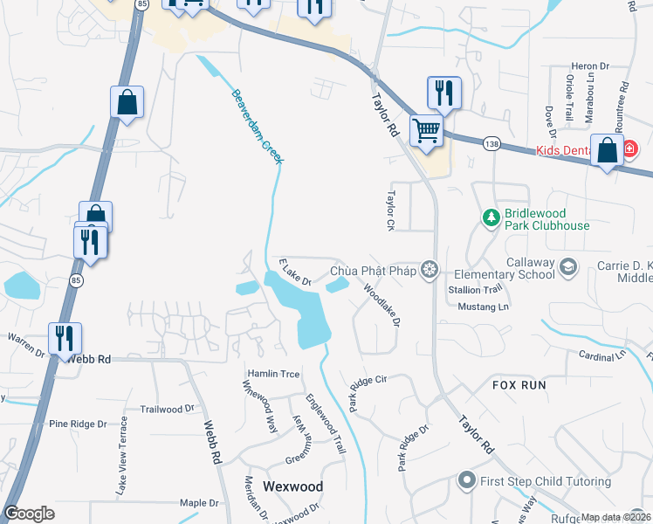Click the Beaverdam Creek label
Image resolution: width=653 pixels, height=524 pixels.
tap(258, 125)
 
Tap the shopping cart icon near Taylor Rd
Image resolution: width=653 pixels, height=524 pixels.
tap(427, 131)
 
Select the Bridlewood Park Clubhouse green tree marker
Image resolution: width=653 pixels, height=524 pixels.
tap(491, 217)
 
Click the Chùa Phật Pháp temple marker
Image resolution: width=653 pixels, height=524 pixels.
tap(429, 270)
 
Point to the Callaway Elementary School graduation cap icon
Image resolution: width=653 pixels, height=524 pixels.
tap(568, 266)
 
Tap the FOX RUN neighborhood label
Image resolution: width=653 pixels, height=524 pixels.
tap(519, 384)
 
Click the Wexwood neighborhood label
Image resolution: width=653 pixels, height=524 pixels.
tap(293, 486)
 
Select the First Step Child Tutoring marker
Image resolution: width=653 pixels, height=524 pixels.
tap(466, 480)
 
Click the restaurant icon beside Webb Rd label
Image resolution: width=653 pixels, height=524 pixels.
tap(65, 337)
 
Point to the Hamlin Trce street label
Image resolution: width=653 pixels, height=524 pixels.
tap(272, 374)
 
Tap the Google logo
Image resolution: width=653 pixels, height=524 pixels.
tap(30, 514)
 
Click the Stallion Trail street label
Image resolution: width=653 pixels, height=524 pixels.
tap(475, 288)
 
